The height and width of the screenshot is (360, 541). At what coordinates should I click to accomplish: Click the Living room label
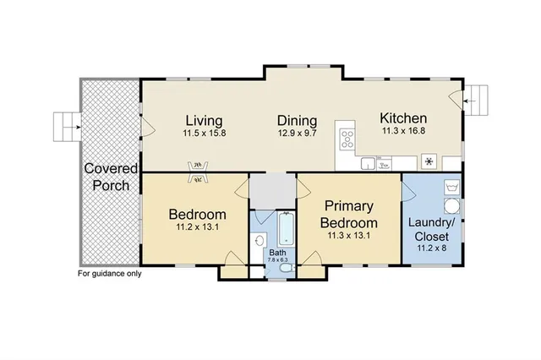205,120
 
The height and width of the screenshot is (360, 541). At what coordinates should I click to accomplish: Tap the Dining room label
297,120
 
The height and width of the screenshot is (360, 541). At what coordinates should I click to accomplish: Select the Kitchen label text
402,118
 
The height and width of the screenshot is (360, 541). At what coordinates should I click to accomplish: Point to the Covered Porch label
110,177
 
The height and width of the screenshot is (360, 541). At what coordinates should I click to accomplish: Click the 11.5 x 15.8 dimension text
205,134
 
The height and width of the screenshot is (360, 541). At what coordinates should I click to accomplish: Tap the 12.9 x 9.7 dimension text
297,134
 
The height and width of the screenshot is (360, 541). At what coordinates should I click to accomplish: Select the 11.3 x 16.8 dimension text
402,132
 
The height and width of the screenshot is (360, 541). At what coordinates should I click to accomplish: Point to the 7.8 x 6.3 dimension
278,260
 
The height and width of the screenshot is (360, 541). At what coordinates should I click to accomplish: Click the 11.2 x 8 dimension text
431,249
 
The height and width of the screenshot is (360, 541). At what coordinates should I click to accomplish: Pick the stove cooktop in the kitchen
347,135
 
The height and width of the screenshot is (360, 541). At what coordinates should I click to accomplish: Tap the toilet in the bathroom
287,269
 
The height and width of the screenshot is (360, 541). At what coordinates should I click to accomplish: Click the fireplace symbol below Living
197,172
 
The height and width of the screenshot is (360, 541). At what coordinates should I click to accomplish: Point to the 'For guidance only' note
110,274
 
